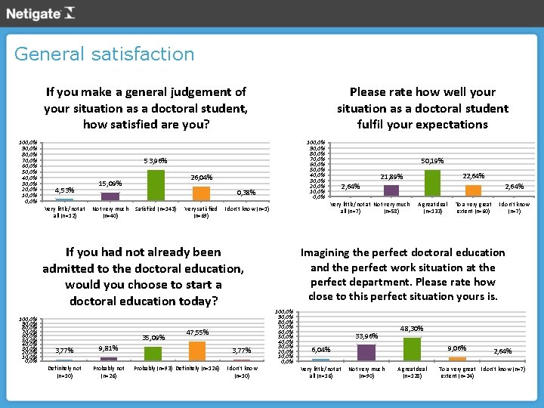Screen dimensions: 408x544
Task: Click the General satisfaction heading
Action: (x=104, y=54)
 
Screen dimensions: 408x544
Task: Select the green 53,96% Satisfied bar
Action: (x=156, y=185)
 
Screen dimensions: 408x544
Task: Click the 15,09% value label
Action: (x=110, y=183)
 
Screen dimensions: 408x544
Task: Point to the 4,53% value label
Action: (x=64, y=190)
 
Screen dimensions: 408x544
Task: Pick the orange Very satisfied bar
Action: (x=201, y=193)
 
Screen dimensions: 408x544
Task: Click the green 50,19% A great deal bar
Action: (x=432, y=183)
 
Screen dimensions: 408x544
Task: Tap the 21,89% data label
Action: (x=391, y=177)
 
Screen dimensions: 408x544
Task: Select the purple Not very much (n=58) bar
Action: (x=391, y=190)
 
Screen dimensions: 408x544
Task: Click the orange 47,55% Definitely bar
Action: (x=197, y=351)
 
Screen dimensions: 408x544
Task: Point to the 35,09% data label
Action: (x=153, y=338)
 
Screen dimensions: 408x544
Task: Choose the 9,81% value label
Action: (x=109, y=348)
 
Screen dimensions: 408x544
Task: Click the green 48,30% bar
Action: (x=411, y=349)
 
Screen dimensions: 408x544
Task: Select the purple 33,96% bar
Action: (x=366, y=352)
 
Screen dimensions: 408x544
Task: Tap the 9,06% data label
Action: (x=456, y=348)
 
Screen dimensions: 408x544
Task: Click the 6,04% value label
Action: (x=321, y=351)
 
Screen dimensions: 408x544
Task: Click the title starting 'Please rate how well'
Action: (x=422, y=108)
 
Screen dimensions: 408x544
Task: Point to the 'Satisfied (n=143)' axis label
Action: (x=156, y=209)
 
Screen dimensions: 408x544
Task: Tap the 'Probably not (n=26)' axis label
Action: (x=109, y=372)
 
